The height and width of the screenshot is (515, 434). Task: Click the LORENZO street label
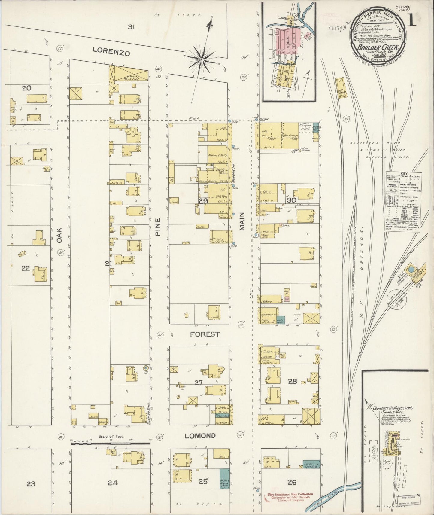pos(111,52)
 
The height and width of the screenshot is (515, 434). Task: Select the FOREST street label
pos(205,334)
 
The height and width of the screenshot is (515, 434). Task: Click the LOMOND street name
pos(200,436)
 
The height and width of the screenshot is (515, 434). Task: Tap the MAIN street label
pos(242,221)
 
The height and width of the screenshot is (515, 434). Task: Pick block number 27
pos(199,382)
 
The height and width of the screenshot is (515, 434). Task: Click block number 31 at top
pos(131,27)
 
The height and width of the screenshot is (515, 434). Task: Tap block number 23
pos(31,484)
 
